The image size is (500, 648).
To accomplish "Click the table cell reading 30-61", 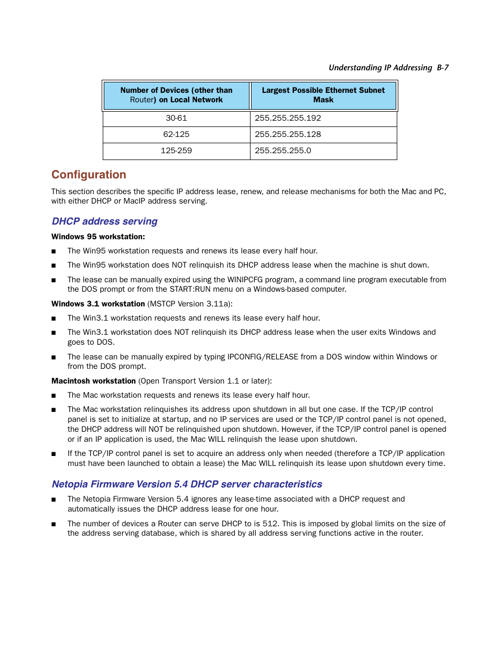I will (176, 118).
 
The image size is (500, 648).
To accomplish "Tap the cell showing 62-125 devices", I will (176, 134).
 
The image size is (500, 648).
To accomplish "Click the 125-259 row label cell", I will (176, 151).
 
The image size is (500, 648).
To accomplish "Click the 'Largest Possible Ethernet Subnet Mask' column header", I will (323, 95).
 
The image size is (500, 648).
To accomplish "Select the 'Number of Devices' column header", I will (176, 95).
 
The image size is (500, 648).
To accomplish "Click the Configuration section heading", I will (89, 175).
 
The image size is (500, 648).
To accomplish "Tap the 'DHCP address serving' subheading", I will (104, 221).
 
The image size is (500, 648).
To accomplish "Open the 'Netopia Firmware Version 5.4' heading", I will (187, 484).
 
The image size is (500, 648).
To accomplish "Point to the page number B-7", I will (443, 68).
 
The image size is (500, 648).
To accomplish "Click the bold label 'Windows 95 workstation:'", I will (98, 237).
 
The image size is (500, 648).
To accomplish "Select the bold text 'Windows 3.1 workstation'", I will (98, 304).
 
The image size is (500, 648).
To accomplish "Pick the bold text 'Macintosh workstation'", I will (93, 381).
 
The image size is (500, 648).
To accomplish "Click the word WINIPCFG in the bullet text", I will (245, 280).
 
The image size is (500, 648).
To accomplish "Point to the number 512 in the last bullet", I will (270, 524).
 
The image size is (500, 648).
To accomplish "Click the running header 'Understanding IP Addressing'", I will (380, 68).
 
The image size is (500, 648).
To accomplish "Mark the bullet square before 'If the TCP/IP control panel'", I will (53, 454).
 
